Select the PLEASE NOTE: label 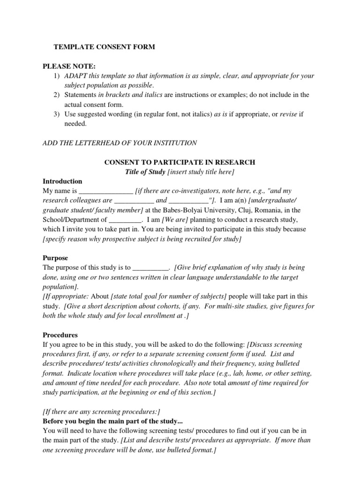69,67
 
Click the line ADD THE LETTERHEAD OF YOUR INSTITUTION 120,142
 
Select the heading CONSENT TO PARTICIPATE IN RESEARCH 180,162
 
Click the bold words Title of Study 145,172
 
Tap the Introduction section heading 62,181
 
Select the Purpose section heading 55,258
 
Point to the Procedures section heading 60,335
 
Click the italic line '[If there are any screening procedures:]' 101,412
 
